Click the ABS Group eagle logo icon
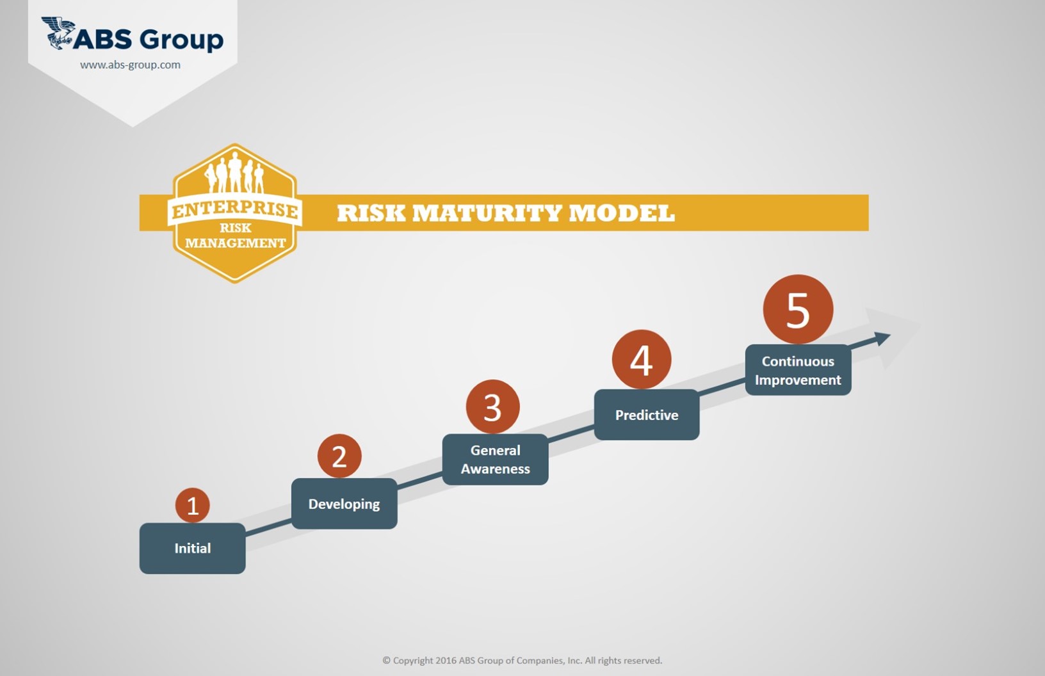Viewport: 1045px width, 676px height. click(58, 33)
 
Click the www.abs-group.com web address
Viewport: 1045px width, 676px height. click(130, 65)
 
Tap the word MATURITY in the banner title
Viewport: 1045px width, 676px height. click(487, 213)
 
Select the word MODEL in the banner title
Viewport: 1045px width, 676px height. click(622, 213)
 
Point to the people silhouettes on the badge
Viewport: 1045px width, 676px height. click(234, 173)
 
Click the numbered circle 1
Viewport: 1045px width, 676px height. click(192, 505)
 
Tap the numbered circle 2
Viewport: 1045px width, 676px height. click(339, 456)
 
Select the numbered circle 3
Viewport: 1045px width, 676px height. click(492, 406)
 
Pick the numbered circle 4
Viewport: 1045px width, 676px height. click(642, 360)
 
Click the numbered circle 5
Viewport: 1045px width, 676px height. click(798, 309)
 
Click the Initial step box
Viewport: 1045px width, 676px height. click(192, 548)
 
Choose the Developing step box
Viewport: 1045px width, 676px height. click(344, 503)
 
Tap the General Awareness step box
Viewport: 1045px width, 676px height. click(496, 460)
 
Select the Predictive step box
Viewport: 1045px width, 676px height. click(647, 415)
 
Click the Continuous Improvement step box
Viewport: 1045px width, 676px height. click(798, 370)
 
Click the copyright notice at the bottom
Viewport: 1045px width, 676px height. click(522, 661)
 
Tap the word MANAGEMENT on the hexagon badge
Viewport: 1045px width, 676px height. click(235, 243)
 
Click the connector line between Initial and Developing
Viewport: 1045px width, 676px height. click(269, 527)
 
